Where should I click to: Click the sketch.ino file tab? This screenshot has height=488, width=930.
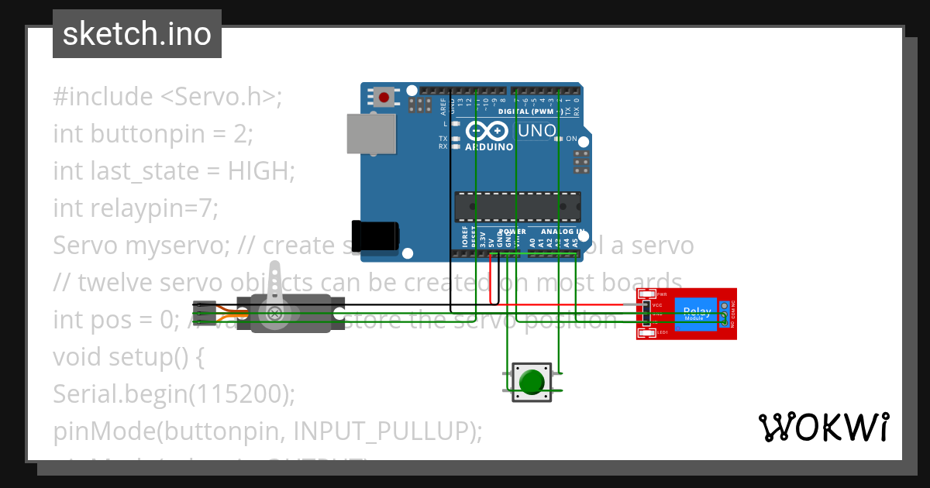(x=136, y=34)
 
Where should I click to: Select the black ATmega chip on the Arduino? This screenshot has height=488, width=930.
(x=516, y=206)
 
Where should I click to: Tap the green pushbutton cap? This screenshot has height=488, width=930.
(x=532, y=382)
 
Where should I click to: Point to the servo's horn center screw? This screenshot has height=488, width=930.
(x=274, y=313)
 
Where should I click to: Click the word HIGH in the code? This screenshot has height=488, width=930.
(x=257, y=170)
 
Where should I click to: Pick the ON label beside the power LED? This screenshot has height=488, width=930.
(x=571, y=139)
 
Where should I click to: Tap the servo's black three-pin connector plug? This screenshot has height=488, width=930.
(x=204, y=311)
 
